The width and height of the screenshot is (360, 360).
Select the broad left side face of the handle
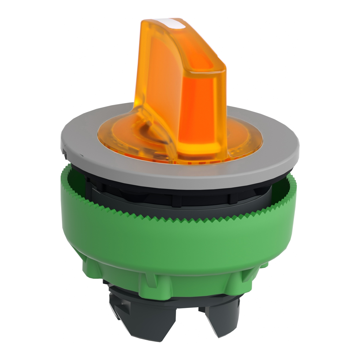pyautogui.click(x=158, y=77)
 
